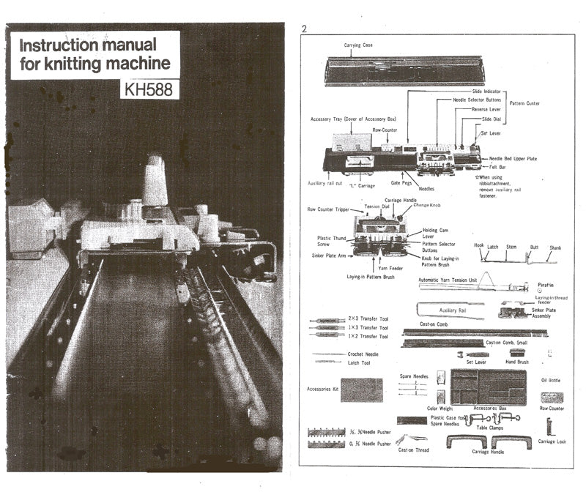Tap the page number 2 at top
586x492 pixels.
click(x=304, y=29)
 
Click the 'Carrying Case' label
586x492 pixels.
click(x=358, y=45)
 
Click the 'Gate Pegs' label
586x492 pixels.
click(x=400, y=183)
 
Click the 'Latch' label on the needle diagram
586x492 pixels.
click(x=493, y=247)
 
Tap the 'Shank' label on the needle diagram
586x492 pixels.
click(x=556, y=247)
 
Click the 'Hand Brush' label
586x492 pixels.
click(x=517, y=362)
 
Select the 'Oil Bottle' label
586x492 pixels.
click(x=550, y=380)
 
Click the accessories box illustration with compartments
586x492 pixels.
click(x=488, y=387)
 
